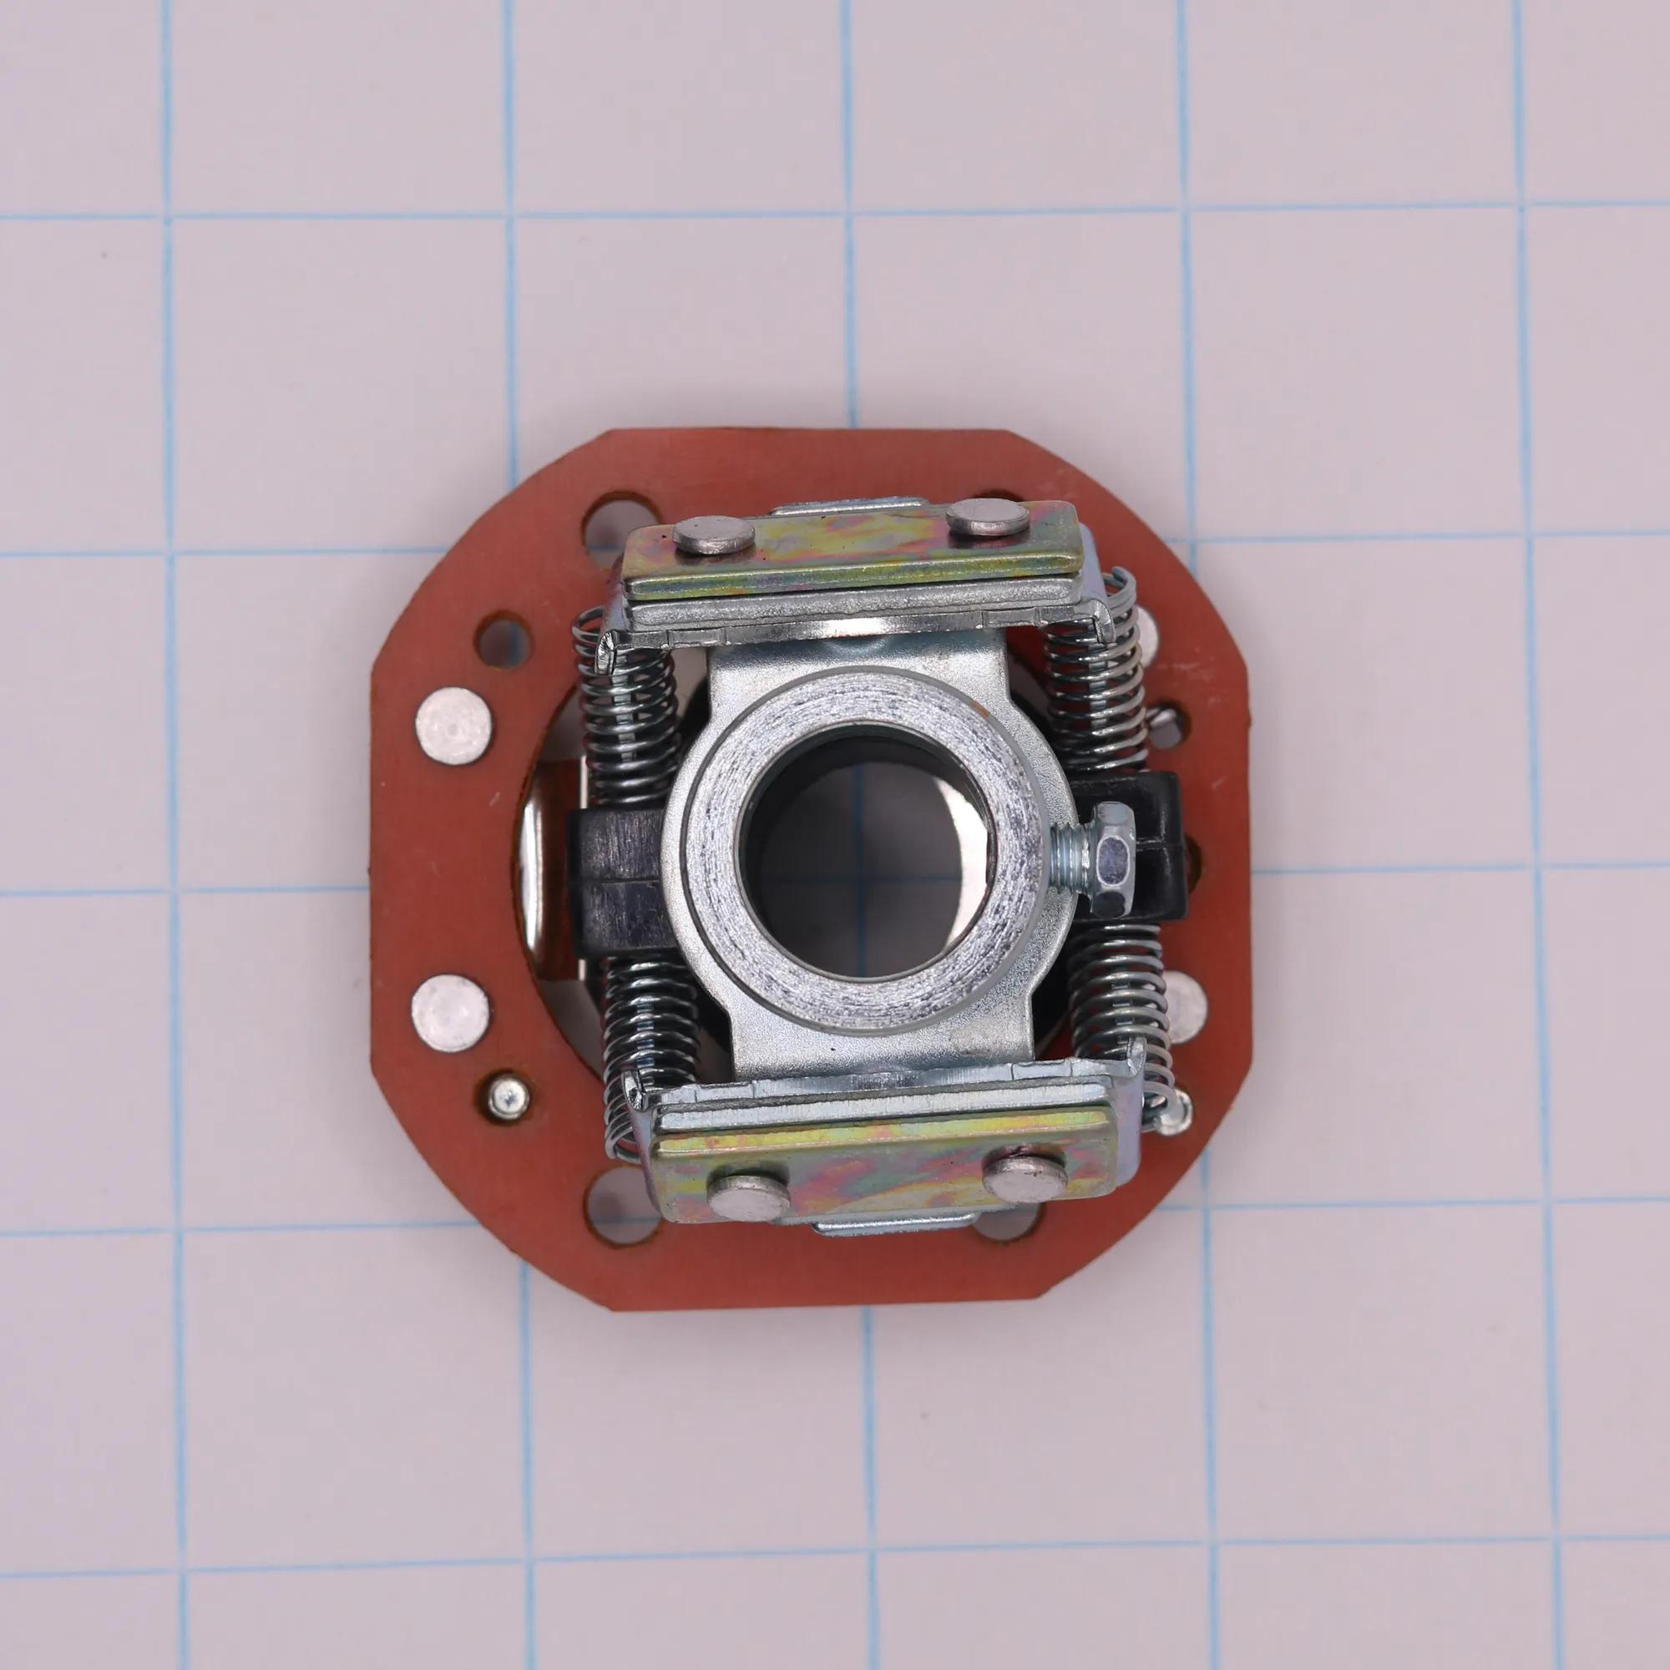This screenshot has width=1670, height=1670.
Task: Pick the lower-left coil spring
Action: pos(650,1020)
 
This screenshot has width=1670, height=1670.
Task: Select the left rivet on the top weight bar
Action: pos(713,536)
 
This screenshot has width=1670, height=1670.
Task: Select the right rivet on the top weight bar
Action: pos(987,518)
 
